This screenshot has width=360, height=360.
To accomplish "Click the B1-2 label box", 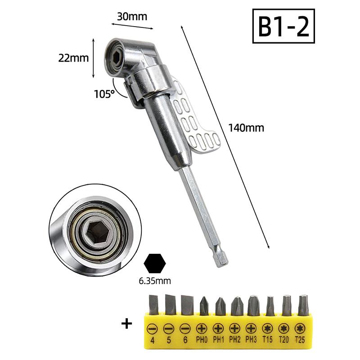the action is click(283, 26).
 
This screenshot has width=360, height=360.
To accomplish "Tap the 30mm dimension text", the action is click(132, 17).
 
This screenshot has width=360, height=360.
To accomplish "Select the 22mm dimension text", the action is click(73, 58).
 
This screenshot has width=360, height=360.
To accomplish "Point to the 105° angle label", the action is click(104, 94).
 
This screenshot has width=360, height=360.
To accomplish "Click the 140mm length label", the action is click(246, 128).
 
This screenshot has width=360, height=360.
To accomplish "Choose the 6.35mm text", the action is click(155, 281).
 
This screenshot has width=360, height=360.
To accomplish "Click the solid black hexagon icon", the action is click(155, 263).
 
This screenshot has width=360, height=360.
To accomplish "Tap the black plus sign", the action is click(126, 324).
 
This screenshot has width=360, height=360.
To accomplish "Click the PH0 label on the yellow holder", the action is click(202, 340).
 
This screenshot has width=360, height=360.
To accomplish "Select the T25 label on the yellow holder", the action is click(300, 339).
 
